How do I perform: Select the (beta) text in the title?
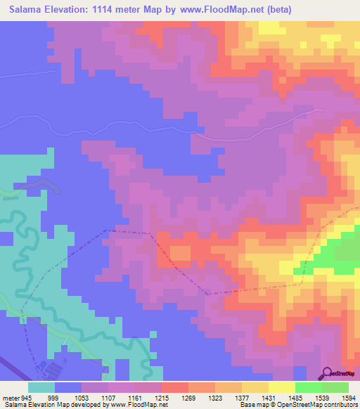pos(275,9)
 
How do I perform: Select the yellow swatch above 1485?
pos(282,387)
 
